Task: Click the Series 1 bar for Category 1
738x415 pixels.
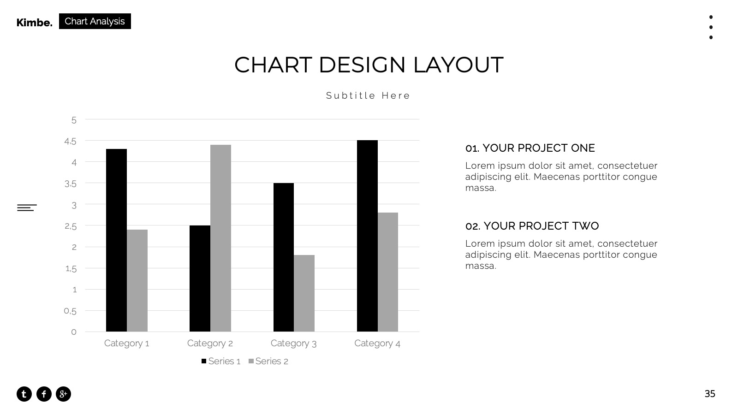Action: click(x=116, y=240)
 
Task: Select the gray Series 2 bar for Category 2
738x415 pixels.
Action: click(x=220, y=238)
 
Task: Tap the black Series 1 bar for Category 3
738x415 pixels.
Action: click(x=283, y=257)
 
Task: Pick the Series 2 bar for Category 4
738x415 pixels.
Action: click(x=388, y=272)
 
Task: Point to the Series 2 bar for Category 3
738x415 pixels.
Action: click(x=304, y=293)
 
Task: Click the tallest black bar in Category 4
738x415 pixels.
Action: click(x=367, y=236)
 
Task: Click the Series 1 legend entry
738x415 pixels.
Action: click(x=221, y=362)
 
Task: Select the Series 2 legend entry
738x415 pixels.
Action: click(x=268, y=362)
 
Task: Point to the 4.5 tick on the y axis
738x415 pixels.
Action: click(x=70, y=142)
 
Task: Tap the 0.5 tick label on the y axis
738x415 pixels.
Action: click(x=70, y=311)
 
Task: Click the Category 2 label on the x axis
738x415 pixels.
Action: click(x=210, y=344)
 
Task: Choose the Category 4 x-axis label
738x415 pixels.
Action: click(x=377, y=344)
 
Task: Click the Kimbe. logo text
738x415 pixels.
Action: click(x=35, y=23)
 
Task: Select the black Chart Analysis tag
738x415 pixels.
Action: click(x=95, y=21)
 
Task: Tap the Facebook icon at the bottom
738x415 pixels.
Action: click(x=44, y=394)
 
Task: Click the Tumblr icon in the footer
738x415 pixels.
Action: click(x=24, y=394)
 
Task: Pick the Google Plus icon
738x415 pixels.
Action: click(x=63, y=394)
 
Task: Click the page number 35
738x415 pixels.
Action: click(x=710, y=394)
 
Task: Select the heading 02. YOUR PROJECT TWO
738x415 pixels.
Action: click(x=532, y=226)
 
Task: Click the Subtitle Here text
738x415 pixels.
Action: click(x=368, y=95)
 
